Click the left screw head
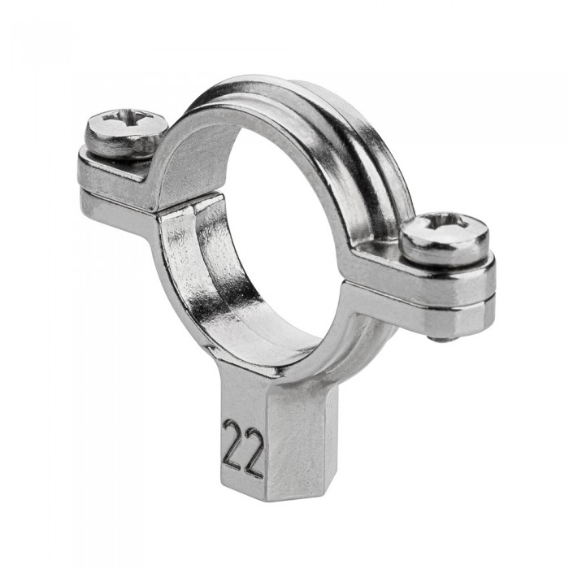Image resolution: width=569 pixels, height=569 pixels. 127,132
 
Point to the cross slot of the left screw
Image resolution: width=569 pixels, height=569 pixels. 126,118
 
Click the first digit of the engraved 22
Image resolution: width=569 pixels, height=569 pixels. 233,445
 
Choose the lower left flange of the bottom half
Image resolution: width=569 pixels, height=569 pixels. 116,214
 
